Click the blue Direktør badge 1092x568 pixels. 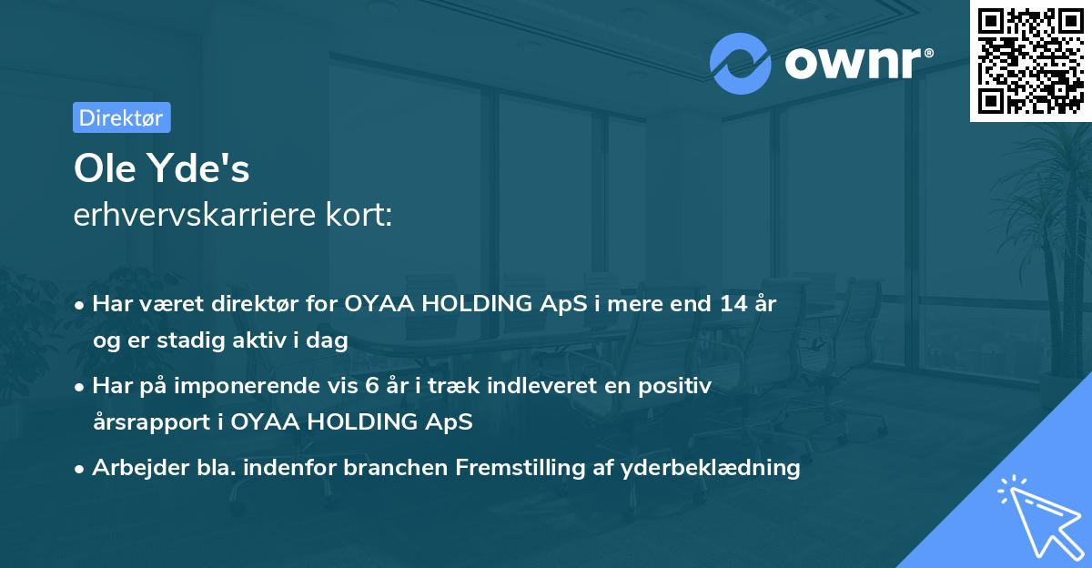coord(121,117)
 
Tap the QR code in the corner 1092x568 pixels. coord(1030,60)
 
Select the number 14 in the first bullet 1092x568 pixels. coord(729,304)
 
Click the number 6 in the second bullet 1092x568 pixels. coord(371,386)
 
